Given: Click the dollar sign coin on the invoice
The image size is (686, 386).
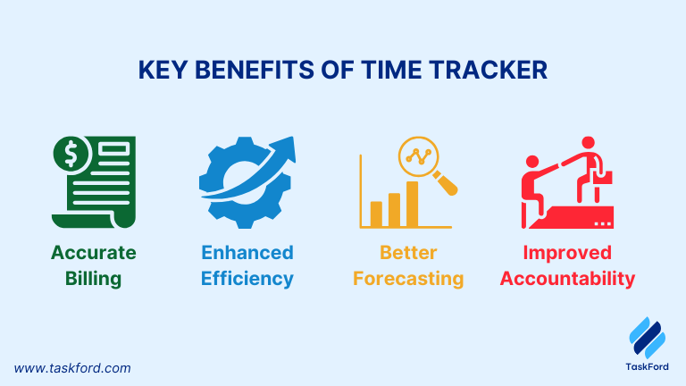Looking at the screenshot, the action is pyautogui.click(x=71, y=154).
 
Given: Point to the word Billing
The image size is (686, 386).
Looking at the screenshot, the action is pyautogui.click(x=93, y=279).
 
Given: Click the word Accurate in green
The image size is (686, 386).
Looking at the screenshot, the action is pyautogui.click(x=94, y=253).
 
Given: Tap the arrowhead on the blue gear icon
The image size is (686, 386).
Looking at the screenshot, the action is pyautogui.click(x=285, y=149).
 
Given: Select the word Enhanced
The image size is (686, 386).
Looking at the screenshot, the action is pyautogui.click(x=247, y=253).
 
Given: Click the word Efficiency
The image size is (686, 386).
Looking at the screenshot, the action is pyautogui.click(x=247, y=279).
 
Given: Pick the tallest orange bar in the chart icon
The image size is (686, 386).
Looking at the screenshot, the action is pyautogui.click(x=412, y=204).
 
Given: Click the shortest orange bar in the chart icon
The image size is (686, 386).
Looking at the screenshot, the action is pyautogui.click(x=376, y=214).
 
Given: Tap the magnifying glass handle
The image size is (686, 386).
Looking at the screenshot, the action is pyautogui.click(x=446, y=183).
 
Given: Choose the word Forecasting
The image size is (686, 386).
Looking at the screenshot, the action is pyautogui.click(x=408, y=279).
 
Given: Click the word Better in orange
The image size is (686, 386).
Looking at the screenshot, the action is pyautogui.click(x=408, y=253).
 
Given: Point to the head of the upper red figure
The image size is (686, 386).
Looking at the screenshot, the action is pyautogui.click(x=588, y=143).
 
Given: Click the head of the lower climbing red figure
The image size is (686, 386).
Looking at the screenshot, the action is pyautogui.click(x=532, y=162).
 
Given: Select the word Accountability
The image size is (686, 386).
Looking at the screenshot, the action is pyautogui.click(x=567, y=279).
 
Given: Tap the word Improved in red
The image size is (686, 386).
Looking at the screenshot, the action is pyautogui.click(x=567, y=253).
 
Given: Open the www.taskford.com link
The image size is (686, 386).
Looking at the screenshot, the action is pyautogui.click(x=72, y=368).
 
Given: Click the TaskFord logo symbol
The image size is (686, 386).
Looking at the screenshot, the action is pyautogui.click(x=648, y=338).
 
